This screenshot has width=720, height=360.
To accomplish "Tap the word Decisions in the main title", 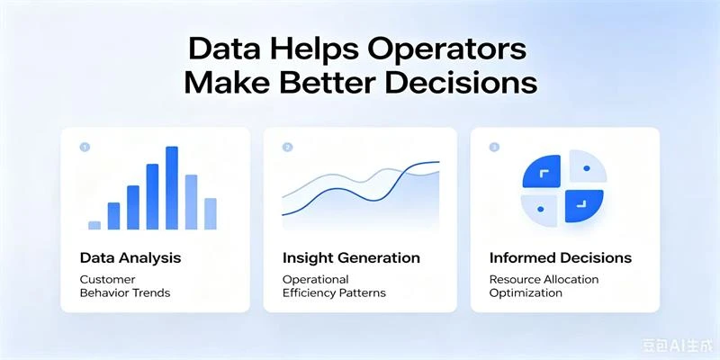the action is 462,84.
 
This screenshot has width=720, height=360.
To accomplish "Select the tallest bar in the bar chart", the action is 172,188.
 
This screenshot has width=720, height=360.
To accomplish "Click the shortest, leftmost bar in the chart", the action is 94,225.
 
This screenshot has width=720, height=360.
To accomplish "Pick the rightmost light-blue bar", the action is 211,213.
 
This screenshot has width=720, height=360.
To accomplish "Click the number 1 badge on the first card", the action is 85,148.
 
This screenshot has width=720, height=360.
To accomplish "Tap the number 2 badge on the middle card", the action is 287,148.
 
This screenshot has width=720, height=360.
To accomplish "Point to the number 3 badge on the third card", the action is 494,148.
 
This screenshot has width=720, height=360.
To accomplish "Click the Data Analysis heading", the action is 130,258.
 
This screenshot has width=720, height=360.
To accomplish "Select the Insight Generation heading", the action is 351,258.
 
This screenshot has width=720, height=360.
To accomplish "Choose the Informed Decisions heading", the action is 561,258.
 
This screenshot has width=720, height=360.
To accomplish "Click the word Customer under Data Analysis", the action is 107,279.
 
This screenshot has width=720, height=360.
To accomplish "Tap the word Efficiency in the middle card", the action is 307,292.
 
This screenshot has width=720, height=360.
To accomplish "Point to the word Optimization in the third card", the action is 526,292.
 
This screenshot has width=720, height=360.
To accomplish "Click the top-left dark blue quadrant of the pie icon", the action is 542,172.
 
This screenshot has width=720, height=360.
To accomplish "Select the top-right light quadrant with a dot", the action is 589,168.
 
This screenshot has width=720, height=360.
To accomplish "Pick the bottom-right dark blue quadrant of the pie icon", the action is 584,206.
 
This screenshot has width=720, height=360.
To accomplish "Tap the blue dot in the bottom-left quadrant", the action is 541,209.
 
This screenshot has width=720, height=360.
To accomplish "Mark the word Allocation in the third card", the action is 572,279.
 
